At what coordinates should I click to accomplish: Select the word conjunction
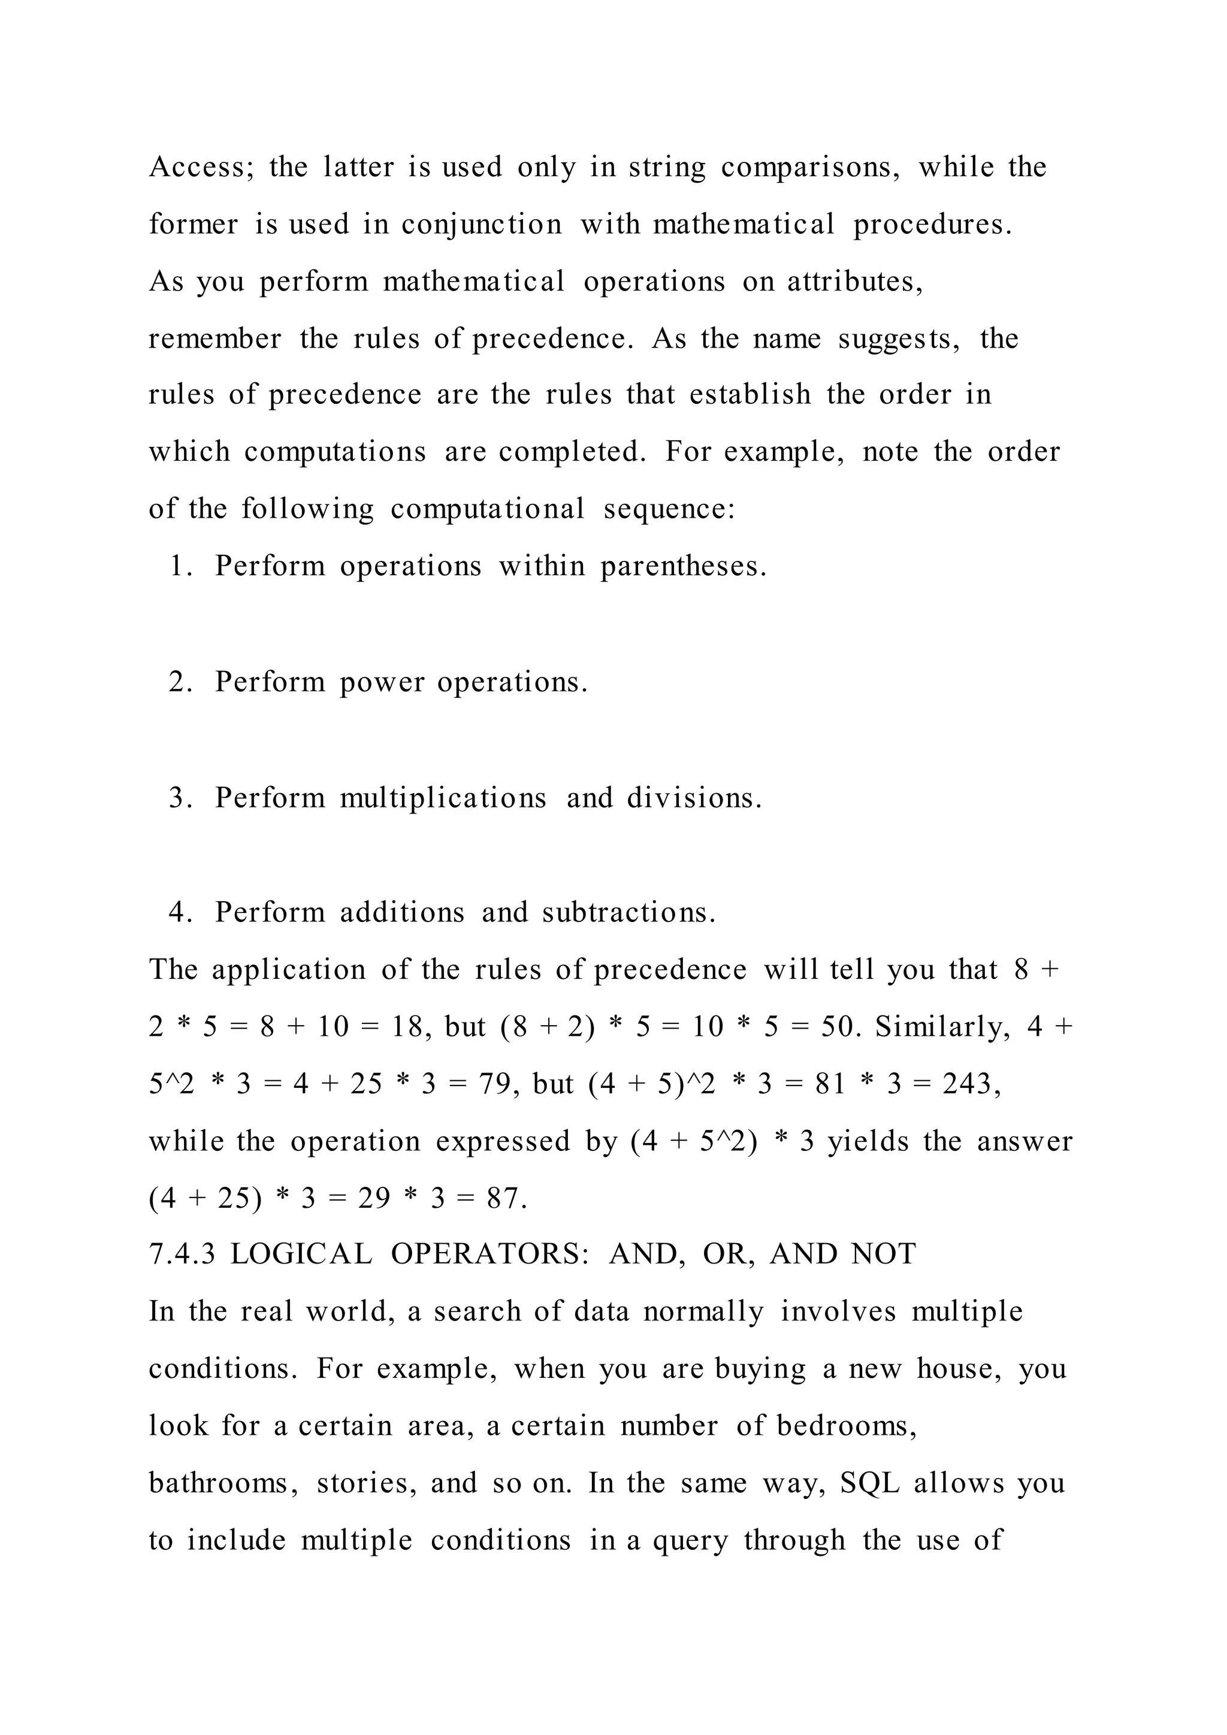point(481,225)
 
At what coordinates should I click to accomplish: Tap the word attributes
point(854,281)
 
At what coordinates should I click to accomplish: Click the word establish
point(750,394)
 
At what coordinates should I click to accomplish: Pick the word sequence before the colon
point(669,509)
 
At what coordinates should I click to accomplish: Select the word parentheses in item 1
point(683,566)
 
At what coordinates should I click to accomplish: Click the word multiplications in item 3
point(443,798)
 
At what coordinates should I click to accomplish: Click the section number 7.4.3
point(182,1255)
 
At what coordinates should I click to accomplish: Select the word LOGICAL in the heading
point(301,1255)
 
